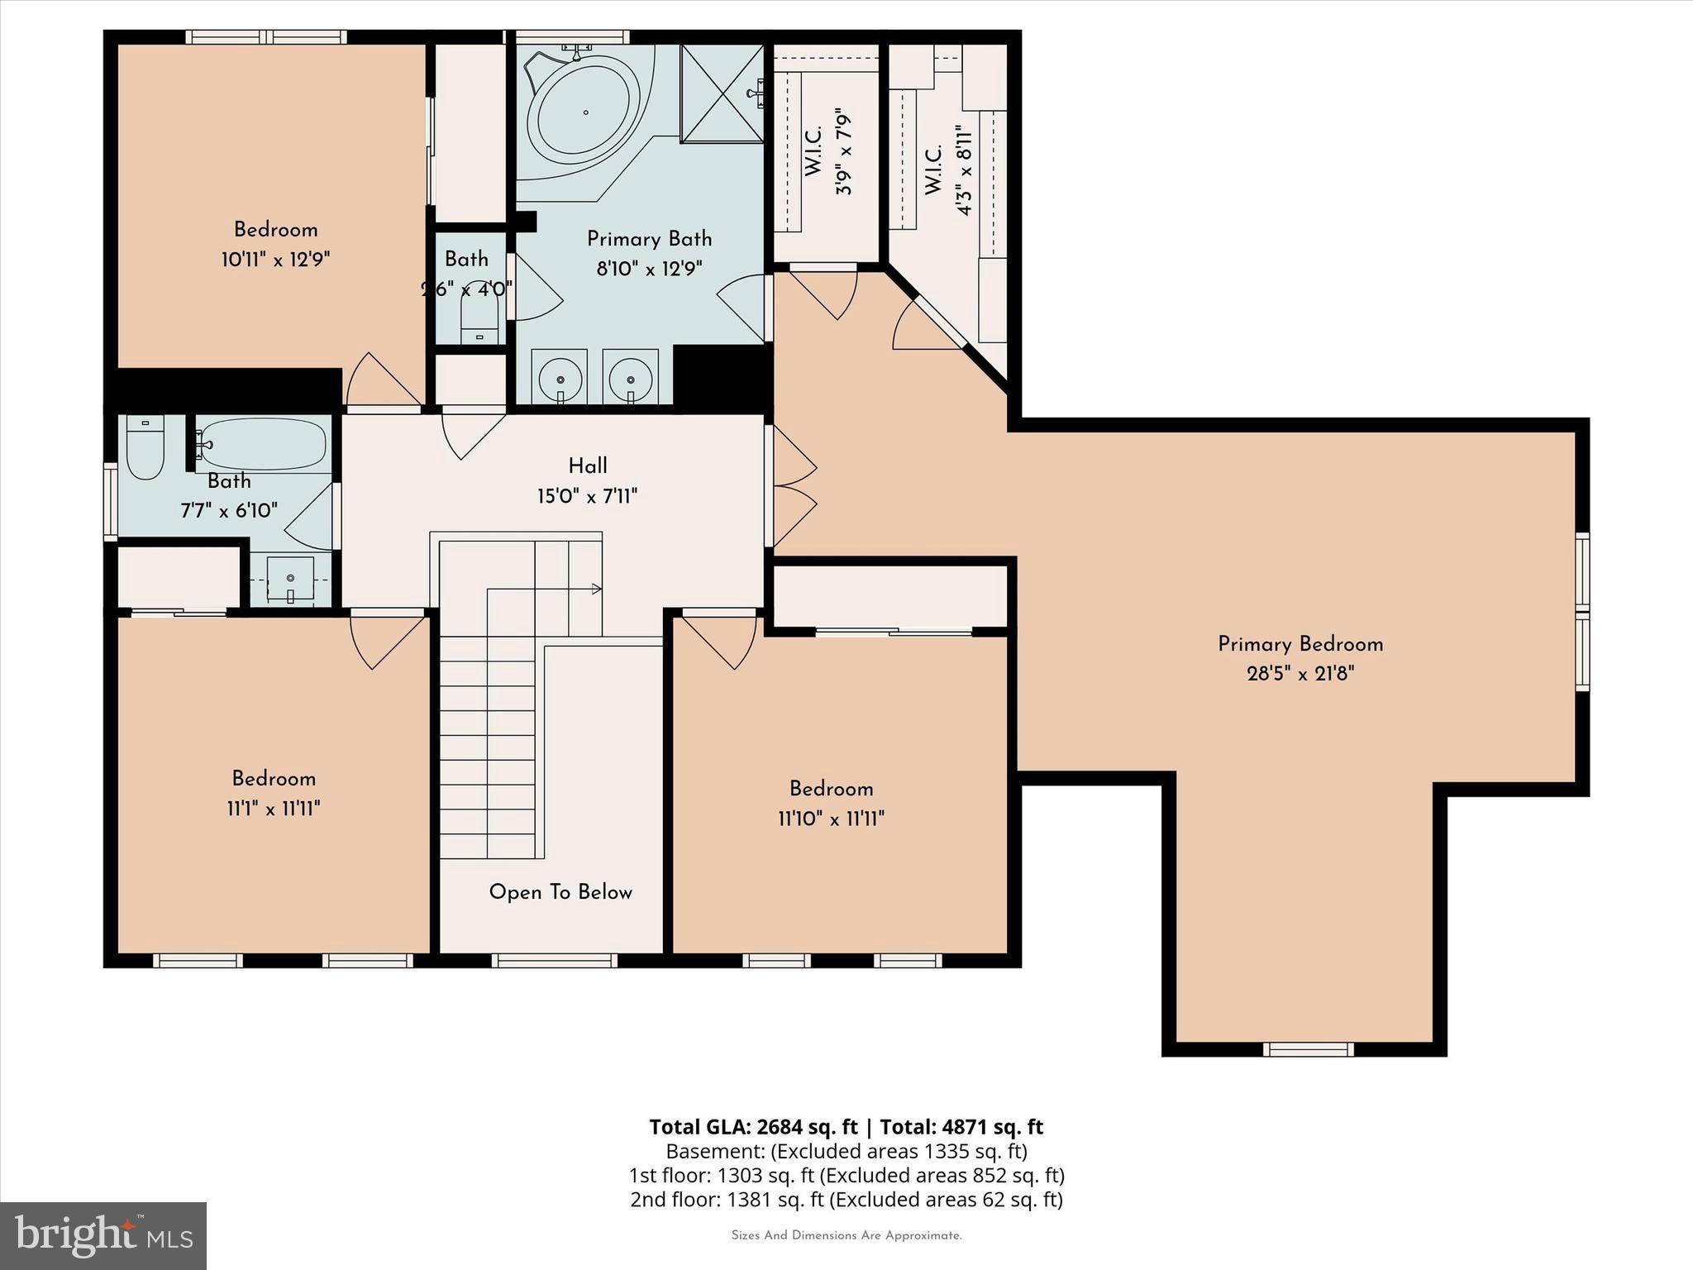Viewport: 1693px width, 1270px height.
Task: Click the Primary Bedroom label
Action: pos(1300,644)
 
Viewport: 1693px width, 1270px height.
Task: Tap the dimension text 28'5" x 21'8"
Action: pos(1300,674)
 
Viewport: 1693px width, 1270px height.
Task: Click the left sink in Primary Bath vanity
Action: pos(560,377)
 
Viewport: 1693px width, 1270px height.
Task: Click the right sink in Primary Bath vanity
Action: pos(631,377)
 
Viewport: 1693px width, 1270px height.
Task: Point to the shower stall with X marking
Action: pos(722,93)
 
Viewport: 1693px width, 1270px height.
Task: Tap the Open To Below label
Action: pos(560,892)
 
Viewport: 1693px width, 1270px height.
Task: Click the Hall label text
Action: pos(588,466)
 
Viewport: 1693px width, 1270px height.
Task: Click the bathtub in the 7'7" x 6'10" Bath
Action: pos(263,444)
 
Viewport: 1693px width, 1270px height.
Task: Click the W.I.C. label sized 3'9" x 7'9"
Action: pos(813,151)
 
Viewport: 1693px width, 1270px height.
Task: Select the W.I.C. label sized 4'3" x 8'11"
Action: pos(934,171)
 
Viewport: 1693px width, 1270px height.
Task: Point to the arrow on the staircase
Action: pos(595,589)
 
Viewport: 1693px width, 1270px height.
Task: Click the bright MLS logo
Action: pos(103,1235)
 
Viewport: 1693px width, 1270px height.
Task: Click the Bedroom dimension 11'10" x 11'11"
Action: pos(831,819)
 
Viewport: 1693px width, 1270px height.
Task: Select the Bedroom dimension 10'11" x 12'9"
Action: pos(275,260)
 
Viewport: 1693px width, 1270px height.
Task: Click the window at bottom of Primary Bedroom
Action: pos(1308,1049)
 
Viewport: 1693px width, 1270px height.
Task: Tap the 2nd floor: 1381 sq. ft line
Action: pos(846,1199)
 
